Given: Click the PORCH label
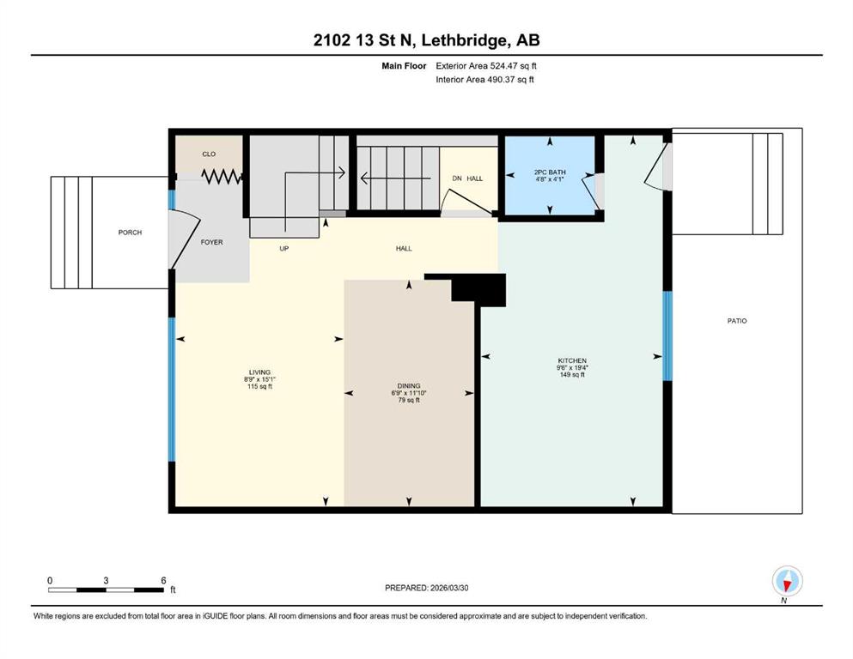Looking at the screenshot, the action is pos(130,233).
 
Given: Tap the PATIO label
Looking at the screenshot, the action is pos(737,321).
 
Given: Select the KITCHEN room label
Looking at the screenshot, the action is pos(572,360).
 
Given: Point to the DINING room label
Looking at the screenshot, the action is pos(409,386).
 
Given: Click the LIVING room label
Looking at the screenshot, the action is pos(259,372).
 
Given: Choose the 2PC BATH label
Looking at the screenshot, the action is pos(550,172).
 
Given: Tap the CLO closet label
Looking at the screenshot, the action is pos(209,154).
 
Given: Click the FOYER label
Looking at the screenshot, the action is pos(211,242).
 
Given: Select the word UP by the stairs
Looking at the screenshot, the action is pos(284,249).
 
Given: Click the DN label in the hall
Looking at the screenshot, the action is pos(458,178).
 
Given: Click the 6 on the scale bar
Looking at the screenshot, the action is pos(163,580).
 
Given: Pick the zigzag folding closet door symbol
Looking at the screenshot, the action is pos(222,177).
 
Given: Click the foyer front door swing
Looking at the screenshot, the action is pos(185,239).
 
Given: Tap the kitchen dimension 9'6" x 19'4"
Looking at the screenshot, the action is pos(572,368).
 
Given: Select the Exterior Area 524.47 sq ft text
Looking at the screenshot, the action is pos(486,66).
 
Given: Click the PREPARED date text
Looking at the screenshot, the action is pos(426,588).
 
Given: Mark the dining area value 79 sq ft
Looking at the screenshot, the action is pos(409,401).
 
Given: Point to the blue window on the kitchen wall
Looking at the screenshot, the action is pos(667,336).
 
